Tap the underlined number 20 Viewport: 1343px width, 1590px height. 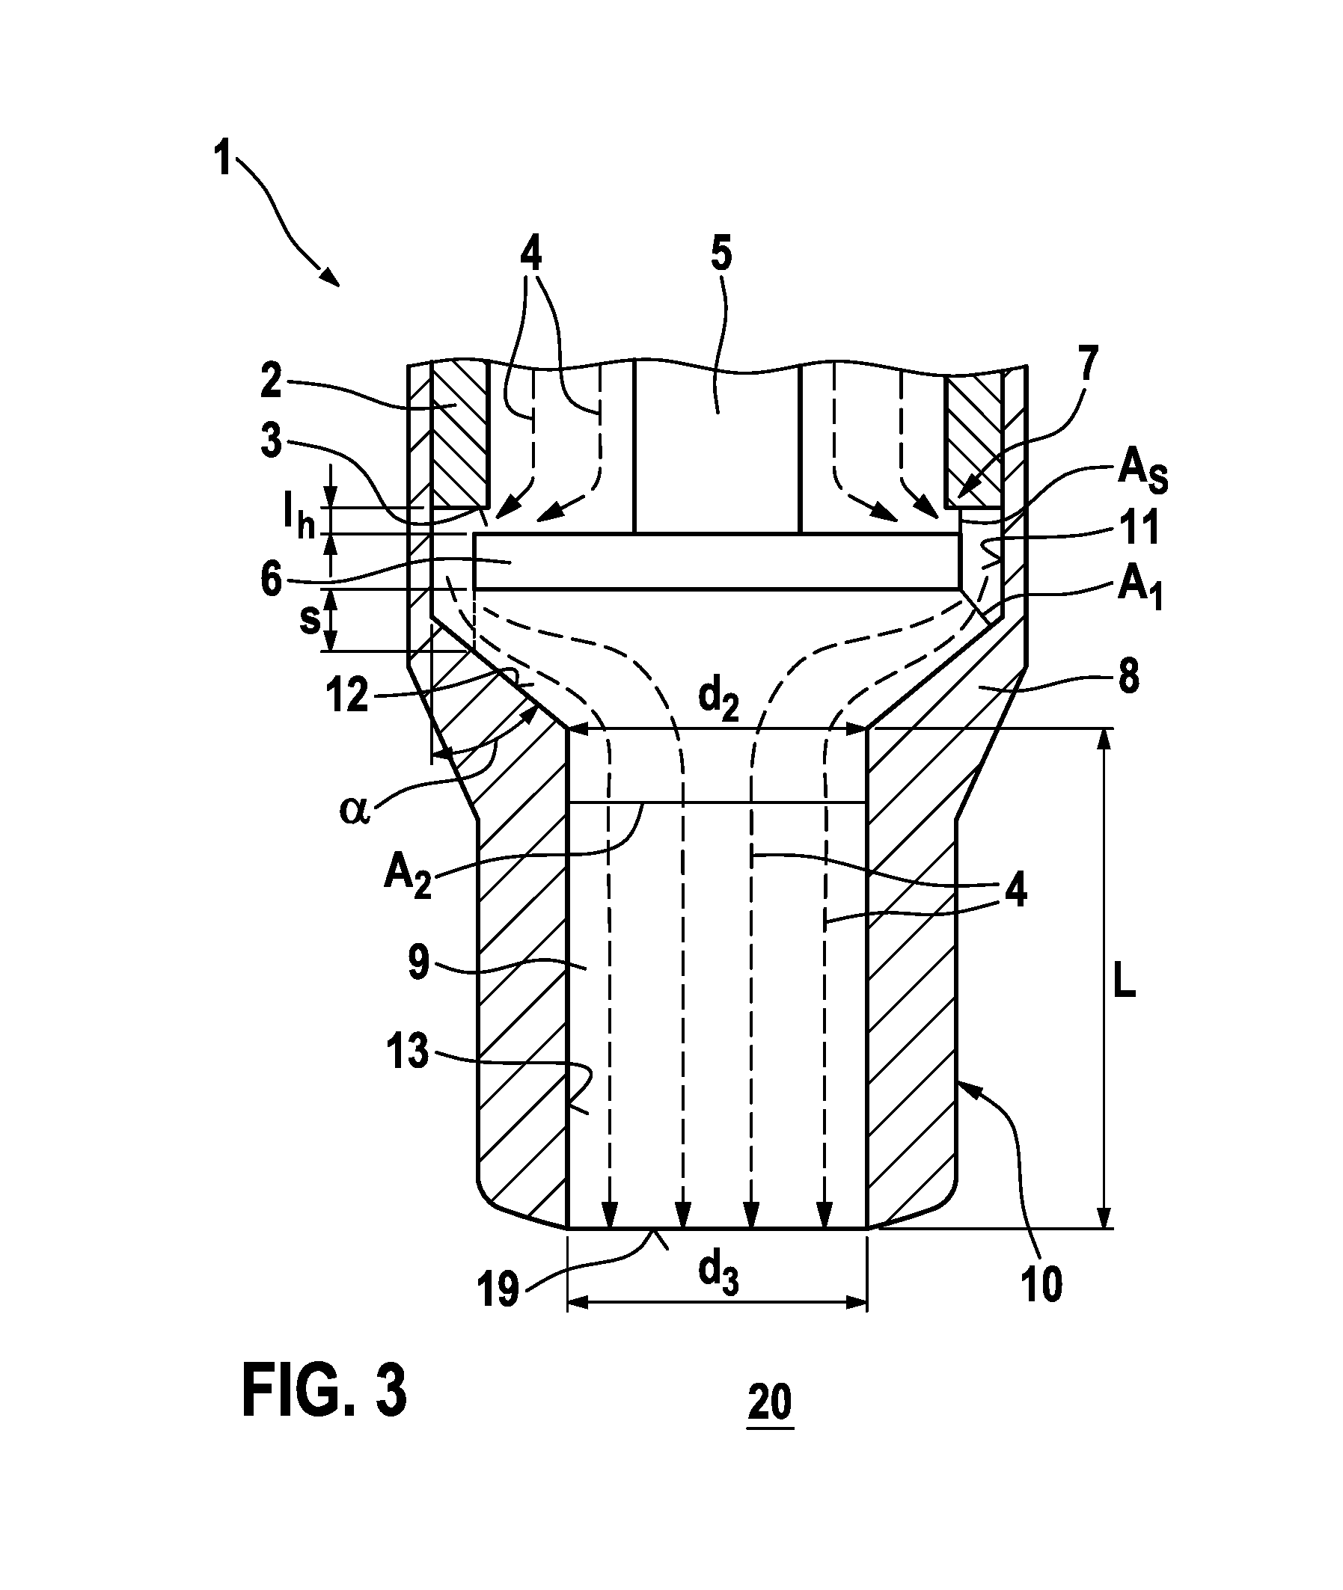(771, 1402)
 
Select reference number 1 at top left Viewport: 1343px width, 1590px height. (223, 160)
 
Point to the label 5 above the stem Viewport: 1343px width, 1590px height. (721, 254)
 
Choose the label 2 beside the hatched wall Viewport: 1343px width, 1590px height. (271, 383)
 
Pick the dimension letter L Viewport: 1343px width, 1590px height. (1123, 986)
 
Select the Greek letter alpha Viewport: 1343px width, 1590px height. (355, 810)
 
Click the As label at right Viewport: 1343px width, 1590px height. (1142, 473)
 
